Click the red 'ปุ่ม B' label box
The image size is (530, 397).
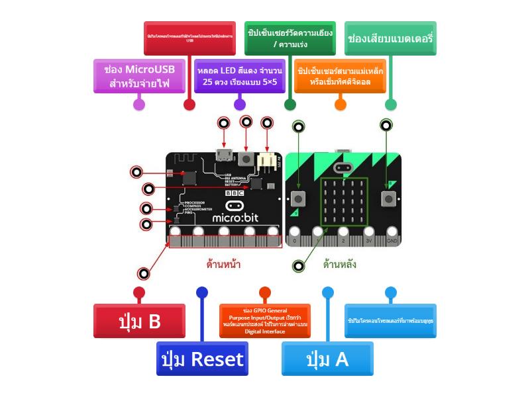[139, 321]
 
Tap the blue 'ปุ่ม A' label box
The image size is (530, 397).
[327, 359]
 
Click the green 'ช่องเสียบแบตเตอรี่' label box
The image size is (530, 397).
[391, 38]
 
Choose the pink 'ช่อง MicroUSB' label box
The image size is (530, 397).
[138, 75]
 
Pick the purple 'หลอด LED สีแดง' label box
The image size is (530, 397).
[239, 75]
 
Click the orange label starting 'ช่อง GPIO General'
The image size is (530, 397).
[265, 321]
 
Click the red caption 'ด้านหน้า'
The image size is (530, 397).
[223, 265]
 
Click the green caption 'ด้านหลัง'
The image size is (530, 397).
[340, 265]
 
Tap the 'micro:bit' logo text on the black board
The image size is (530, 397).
[235, 217]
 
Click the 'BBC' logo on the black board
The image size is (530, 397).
[235, 193]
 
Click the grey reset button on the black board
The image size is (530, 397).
[246, 158]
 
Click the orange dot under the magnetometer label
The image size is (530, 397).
[341, 104]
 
